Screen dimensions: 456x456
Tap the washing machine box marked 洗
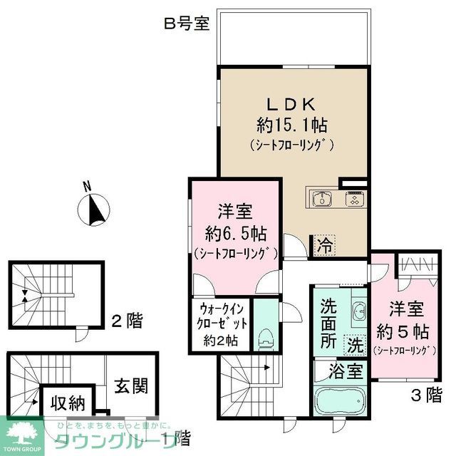click(354, 345)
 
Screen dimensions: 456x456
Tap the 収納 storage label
click(68, 403)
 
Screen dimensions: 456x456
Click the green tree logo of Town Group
click(21, 432)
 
